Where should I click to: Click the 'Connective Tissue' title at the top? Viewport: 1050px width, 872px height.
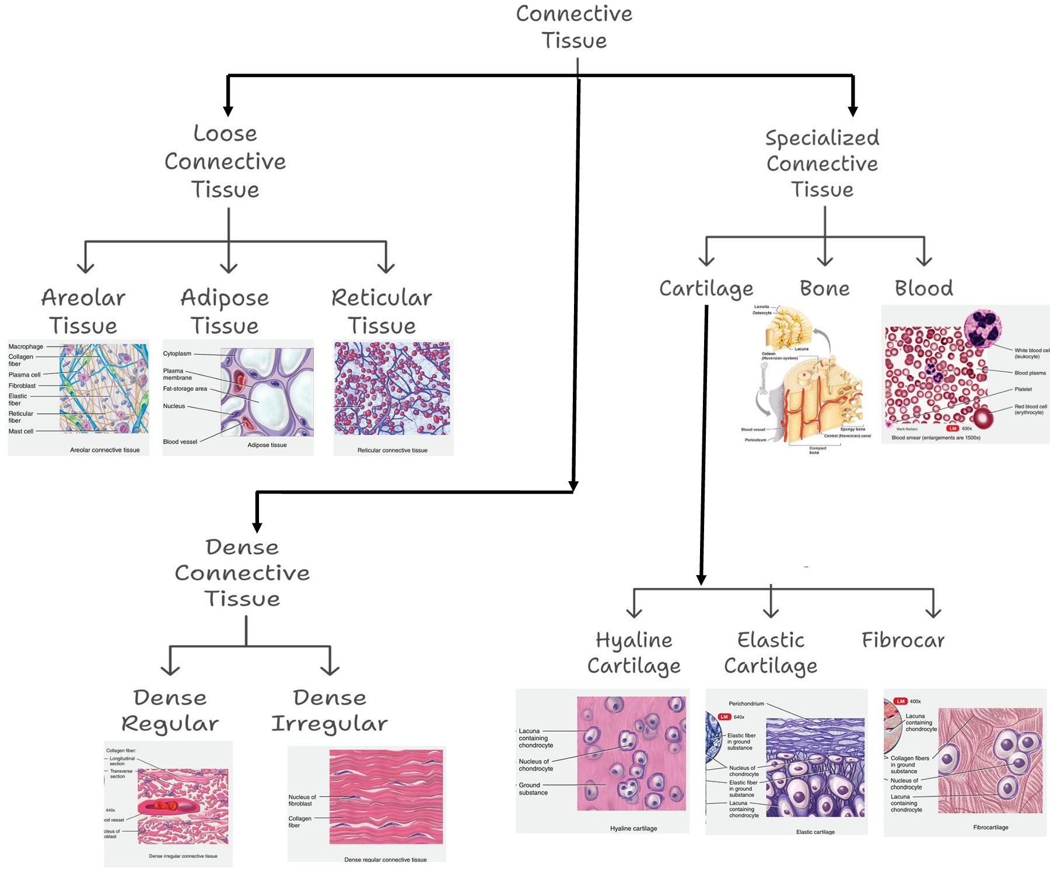(574, 27)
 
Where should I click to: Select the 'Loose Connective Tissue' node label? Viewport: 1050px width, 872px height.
(225, 162)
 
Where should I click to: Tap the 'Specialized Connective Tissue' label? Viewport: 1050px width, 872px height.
(822, 164)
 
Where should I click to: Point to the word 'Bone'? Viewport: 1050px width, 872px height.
(824, 288)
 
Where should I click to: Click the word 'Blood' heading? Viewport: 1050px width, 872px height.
(923, 288)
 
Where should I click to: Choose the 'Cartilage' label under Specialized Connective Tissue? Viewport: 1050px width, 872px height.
(706, 289)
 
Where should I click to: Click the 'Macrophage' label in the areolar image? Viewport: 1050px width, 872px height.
(26, 346)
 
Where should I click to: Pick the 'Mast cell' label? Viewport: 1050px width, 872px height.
(21, 432)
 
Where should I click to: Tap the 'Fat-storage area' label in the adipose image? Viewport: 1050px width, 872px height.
(185, 389)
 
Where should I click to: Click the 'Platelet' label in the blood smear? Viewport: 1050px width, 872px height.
(1023, 389)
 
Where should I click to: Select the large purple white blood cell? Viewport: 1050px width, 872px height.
(983, 328)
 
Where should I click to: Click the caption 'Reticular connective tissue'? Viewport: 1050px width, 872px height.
(392, 450)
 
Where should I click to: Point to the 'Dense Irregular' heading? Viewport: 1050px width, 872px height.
(330, 710)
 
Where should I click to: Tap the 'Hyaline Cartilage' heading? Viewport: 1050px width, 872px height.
(633, 653)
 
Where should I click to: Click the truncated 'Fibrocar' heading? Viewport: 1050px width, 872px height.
(902, 640)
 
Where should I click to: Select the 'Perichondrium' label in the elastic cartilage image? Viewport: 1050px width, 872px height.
(746, 703)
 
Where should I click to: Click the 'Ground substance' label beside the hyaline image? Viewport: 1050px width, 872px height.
(533, 789)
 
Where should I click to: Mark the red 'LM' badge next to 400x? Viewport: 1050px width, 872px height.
(901, 701)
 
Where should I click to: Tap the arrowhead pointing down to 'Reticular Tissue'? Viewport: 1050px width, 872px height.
(386, 268)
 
